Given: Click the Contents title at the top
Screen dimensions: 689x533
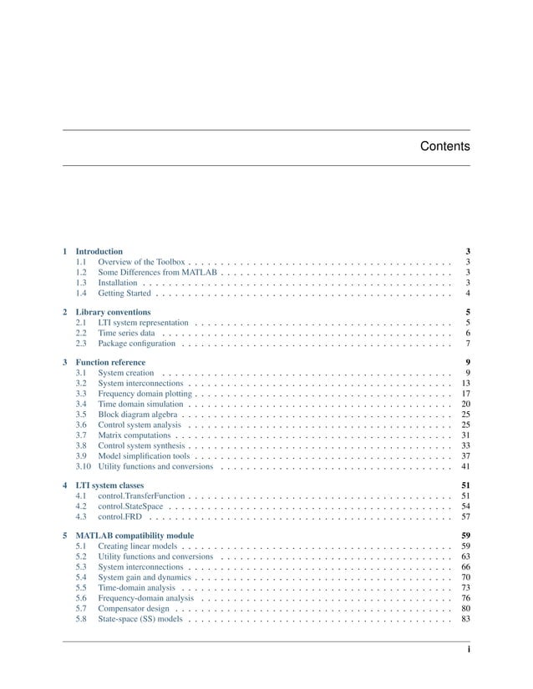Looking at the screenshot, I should (x=444, y=147).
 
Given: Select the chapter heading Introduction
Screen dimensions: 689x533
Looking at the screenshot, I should (x=99, y=251).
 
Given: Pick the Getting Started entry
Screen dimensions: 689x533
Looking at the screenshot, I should (x=124, y=294).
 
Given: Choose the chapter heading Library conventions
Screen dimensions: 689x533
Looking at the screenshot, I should (x=114, y=312).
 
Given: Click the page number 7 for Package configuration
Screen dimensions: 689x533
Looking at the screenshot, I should (x=468, y=344).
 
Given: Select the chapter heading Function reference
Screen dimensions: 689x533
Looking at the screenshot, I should (x=110, y=363).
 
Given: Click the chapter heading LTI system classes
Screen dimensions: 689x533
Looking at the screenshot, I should (x=109, y=485).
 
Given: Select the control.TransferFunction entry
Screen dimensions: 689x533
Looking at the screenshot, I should (x=142, y=495).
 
